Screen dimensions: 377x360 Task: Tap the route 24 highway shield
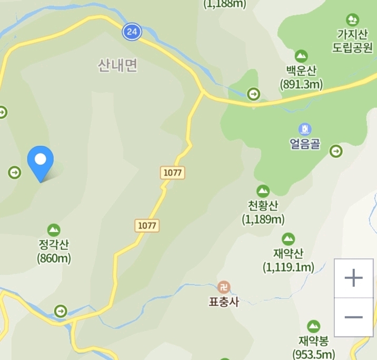132,32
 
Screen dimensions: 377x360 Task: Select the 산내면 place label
117,66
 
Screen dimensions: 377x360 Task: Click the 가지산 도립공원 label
352,41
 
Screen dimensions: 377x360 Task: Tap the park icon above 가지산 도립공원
353,20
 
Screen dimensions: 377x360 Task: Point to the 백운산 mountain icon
301,55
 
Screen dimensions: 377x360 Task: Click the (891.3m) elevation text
302,84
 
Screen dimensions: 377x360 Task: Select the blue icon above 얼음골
304,129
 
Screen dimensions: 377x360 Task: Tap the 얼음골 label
304,144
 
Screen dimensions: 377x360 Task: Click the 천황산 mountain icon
263,191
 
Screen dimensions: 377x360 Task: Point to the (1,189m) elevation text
263,219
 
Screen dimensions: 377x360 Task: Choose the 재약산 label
288,254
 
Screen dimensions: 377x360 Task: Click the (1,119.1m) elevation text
288,268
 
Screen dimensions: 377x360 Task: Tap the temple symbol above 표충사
224,287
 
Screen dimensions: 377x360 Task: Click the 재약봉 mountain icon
313,326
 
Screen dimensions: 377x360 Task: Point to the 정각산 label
54,245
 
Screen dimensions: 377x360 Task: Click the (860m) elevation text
54,258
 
